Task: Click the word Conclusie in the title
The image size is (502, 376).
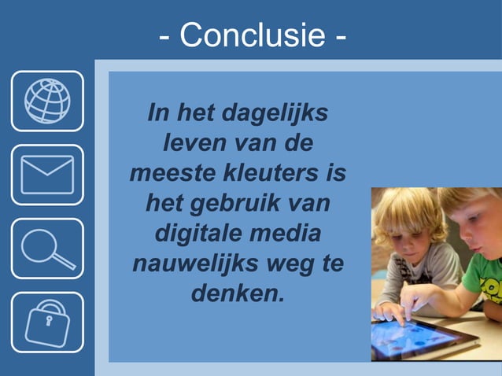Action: click(251, 35)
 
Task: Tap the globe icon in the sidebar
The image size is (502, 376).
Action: click(47, 101)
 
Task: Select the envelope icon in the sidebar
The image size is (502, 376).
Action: click(47, 175)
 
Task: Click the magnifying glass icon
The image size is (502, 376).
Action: click(47, 249)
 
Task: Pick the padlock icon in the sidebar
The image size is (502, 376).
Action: click(47, 322)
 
